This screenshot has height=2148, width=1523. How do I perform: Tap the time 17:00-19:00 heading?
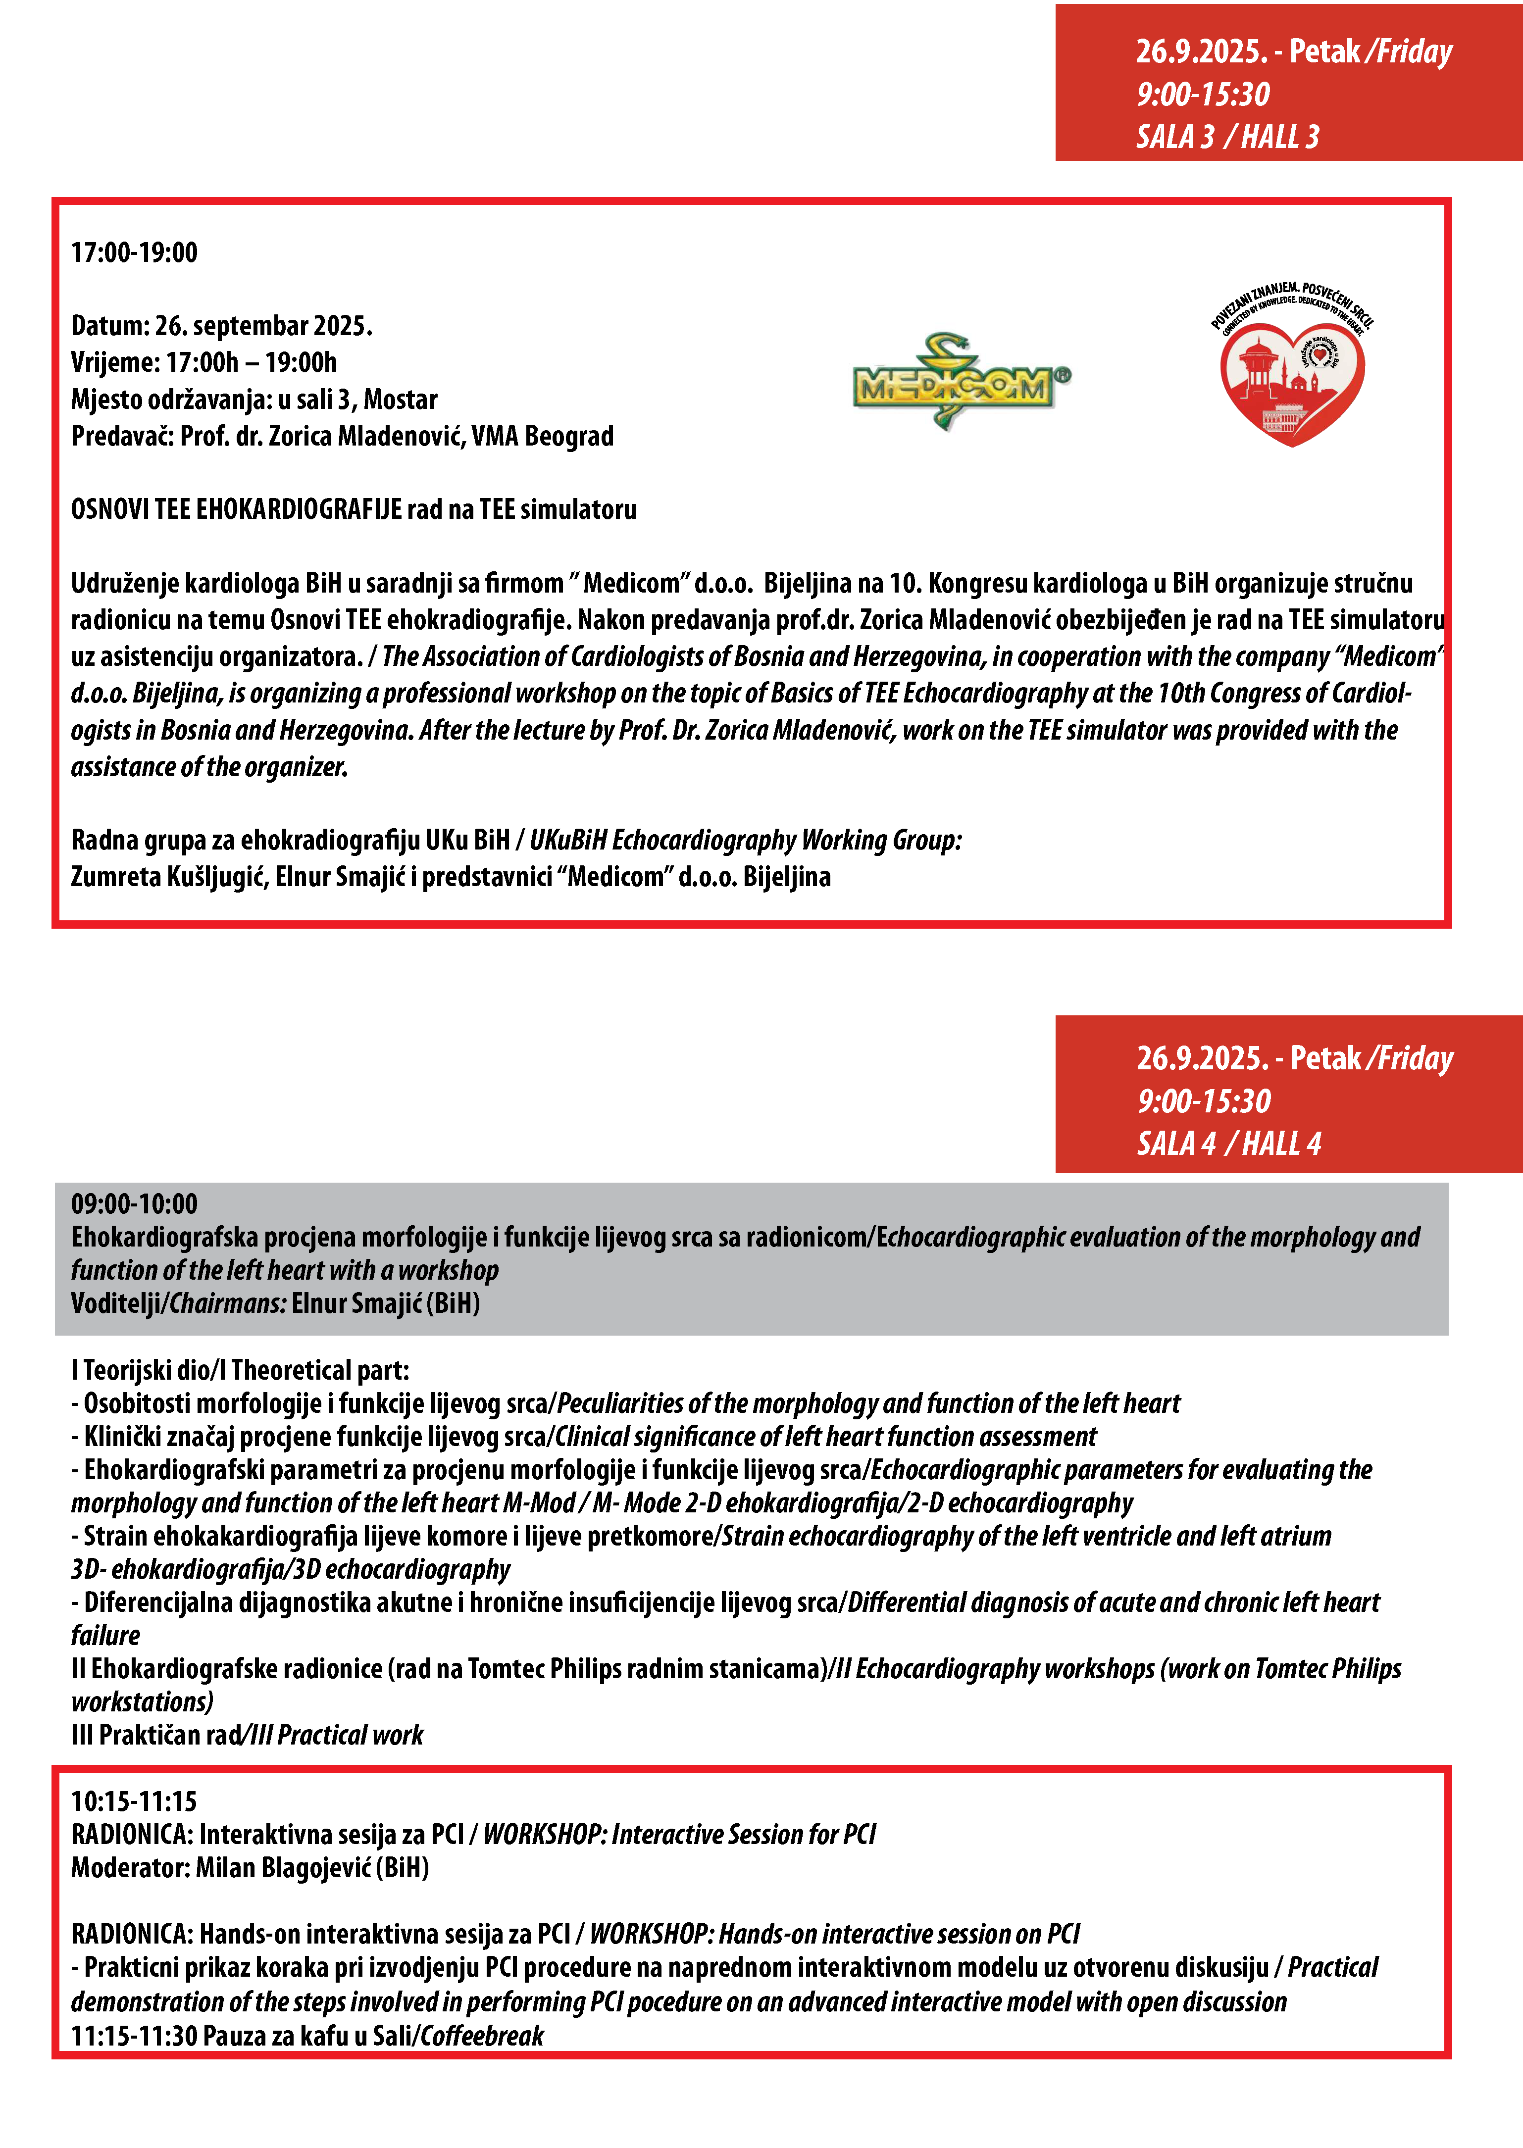[134, 252]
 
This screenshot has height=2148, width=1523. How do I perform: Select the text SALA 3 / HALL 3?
[1226, 137]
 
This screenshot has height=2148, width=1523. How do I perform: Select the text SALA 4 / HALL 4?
[1228, 1144]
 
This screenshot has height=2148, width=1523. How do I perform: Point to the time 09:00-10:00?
[134, 1204]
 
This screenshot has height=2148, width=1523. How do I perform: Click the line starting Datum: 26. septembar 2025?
[221, 325]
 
